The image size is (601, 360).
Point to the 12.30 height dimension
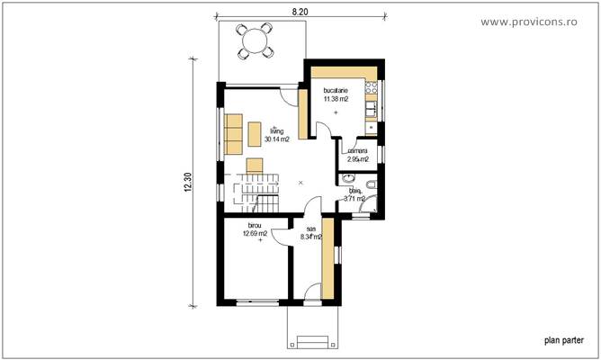[188, 182]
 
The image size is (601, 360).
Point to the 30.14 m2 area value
[276, 139]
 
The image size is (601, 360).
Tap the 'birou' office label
[256, 225]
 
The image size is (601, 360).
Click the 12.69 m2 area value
[256, 233]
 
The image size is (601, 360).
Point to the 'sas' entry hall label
[310, 229]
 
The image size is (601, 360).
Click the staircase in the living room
[254, 192]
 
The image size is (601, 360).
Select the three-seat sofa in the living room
[235, 133]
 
